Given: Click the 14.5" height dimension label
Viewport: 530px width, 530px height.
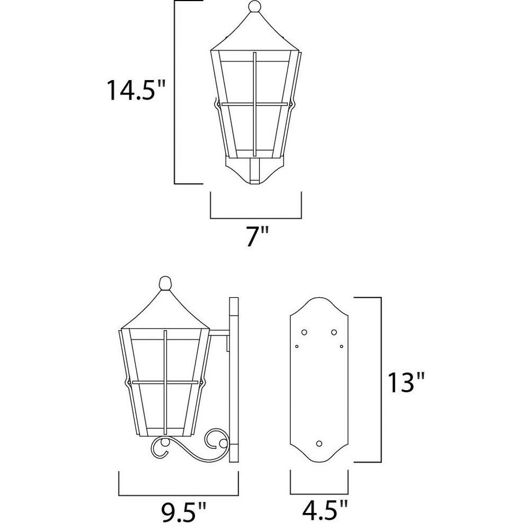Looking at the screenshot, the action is (x=136, y=90).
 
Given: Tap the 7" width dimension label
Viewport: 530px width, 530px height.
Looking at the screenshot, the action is (x=257, y=236).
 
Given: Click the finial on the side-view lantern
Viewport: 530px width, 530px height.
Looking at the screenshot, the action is (x=165, y=283).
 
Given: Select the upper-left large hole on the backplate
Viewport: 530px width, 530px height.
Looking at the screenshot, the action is (x=304, y=332).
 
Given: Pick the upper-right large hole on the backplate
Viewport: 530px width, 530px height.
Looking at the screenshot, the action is (x=334, y=332).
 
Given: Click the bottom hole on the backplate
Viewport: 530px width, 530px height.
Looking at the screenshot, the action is (x=319, y=444).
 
